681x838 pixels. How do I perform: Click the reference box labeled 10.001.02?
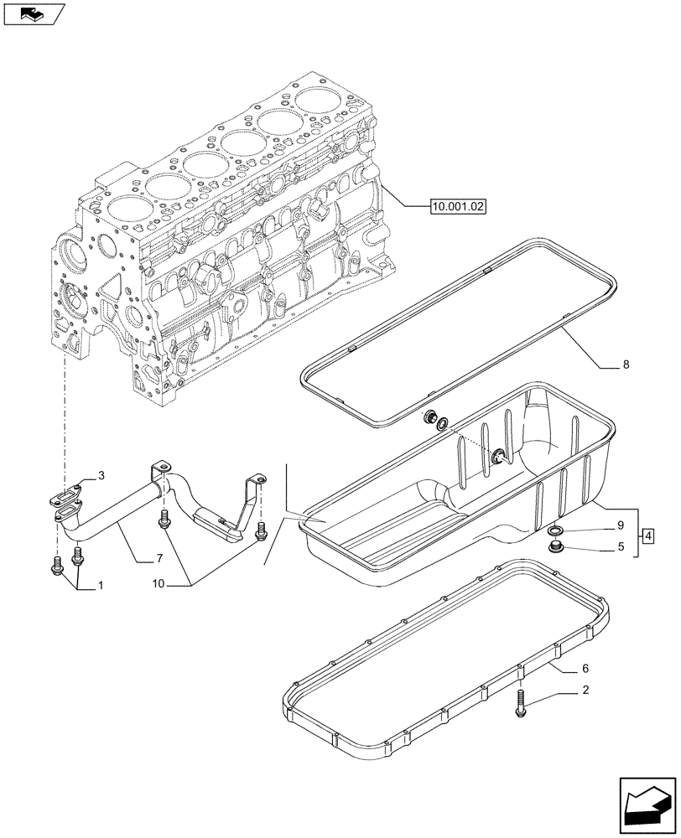point(459,205)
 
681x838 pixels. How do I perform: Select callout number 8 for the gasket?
point(626,365)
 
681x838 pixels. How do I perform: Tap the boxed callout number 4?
point(649,534)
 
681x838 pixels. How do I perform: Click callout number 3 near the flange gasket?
point(101,476)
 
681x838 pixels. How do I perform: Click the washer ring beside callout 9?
point(554,532)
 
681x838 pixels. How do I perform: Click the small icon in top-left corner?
point(34,13)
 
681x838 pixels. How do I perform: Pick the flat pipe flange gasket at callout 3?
point(62,499)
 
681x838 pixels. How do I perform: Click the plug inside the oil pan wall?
point(498,455)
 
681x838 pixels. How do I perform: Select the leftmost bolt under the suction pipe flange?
point(58,566)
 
